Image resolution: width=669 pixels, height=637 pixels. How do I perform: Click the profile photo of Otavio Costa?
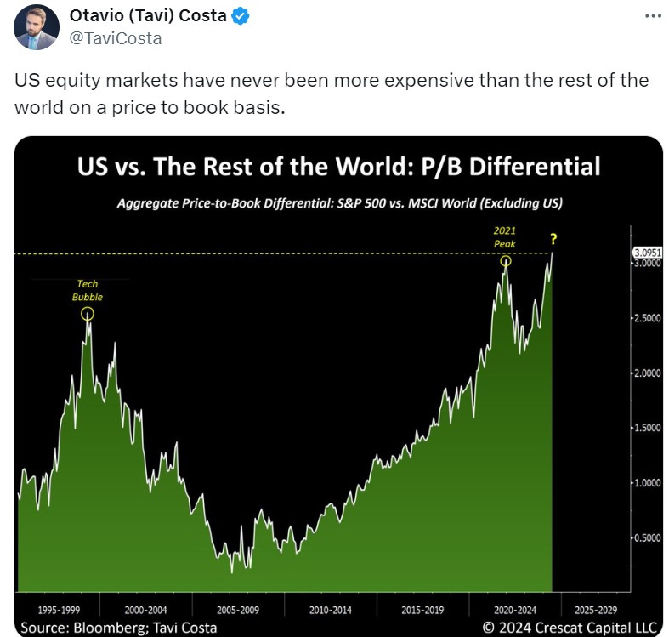(x=36, y=26)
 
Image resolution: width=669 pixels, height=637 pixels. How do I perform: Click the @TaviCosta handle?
(x=116, y=38)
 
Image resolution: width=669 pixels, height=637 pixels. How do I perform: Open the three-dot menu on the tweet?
(x=651, y=17)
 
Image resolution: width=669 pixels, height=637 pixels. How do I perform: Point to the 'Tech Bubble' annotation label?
(x=88, y=292)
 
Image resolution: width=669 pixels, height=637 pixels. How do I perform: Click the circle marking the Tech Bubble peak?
(x=88, y=314)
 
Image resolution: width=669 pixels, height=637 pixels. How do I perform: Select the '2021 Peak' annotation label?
(x=505, y=237)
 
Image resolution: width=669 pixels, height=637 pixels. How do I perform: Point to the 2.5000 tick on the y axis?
(x=647, y=318)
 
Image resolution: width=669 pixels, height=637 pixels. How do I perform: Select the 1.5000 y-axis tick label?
(x=647, y=428)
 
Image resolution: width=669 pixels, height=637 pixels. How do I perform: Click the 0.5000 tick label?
(x=647, y=537)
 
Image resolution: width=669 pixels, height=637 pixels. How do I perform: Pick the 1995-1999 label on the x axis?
(x=60, y=610)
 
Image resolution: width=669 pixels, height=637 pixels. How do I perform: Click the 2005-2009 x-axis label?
(x=238, y=610)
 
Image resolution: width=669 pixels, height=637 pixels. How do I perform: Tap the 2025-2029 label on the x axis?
(x=596, y=610)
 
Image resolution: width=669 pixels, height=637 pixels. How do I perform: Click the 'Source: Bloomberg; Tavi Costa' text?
(x=118, y=628)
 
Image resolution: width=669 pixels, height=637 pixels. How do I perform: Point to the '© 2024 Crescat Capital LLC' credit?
(x=570, y=628)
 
